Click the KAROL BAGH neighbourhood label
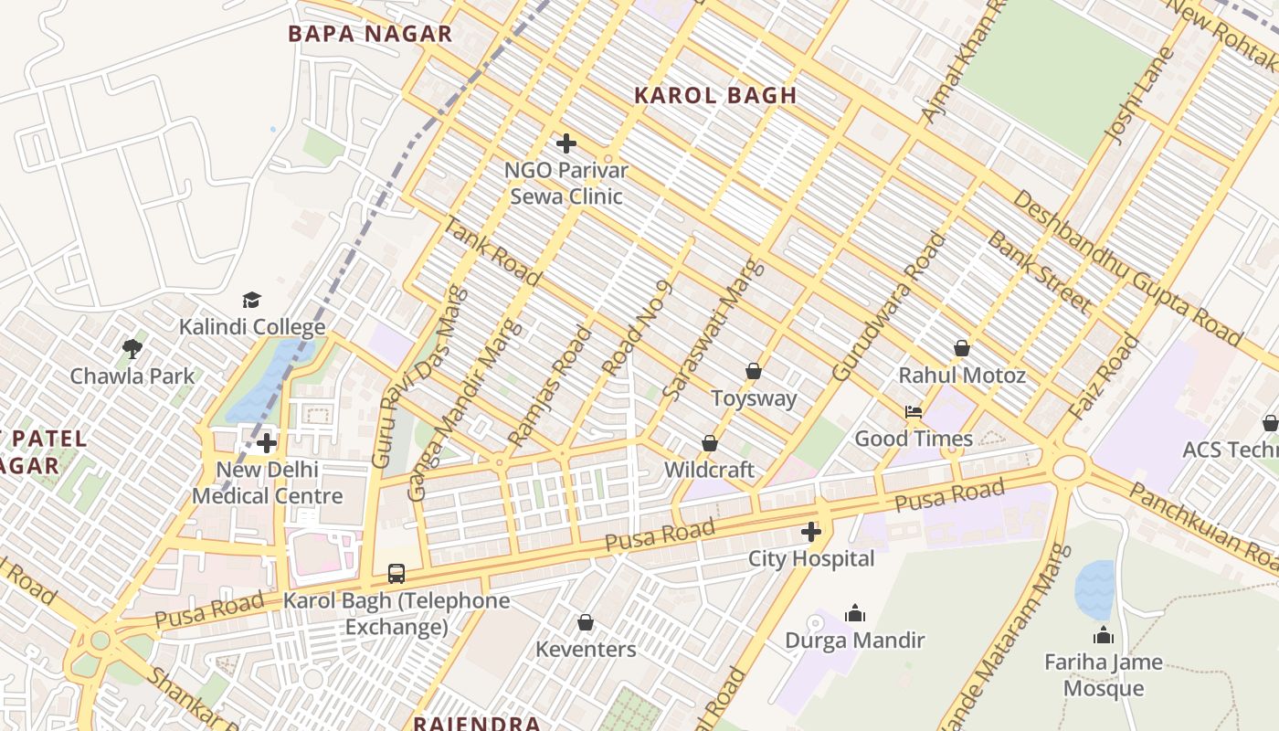coord(715,95)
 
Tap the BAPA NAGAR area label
coord(370,35)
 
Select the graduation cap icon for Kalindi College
coord(251,300)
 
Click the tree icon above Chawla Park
coord(132,348)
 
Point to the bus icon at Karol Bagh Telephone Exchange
coord(396,573)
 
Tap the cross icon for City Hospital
coord(810,531)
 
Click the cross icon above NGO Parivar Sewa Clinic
coord(566,143)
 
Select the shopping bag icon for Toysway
coord(754,371)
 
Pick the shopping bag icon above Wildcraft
coord(709,443)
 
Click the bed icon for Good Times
coord(913,412)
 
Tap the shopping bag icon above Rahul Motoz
coord(961,348)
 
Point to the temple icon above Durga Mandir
coord(855,613)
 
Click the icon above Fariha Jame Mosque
coord(1104,635)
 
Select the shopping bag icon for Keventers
coord(586,622)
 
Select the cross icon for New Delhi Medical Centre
coord(267,444)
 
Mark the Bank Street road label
coord(1039,270)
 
